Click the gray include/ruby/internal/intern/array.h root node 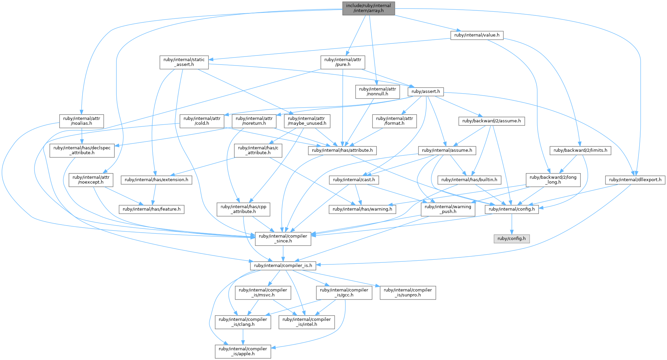368,8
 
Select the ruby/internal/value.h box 477,35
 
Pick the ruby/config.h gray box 512,239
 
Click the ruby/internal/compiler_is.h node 283,266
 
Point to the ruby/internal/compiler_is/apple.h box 243,351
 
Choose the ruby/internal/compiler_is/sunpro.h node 408,292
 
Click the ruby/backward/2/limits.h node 580,150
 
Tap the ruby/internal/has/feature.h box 152,209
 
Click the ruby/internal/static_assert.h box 184,62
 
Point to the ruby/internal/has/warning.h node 363,209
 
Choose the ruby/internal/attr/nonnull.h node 377,92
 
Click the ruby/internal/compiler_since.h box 283,239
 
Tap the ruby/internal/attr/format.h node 395,121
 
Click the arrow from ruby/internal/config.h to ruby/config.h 512,224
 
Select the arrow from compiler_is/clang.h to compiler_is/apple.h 243,337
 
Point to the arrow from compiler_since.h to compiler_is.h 283,253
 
